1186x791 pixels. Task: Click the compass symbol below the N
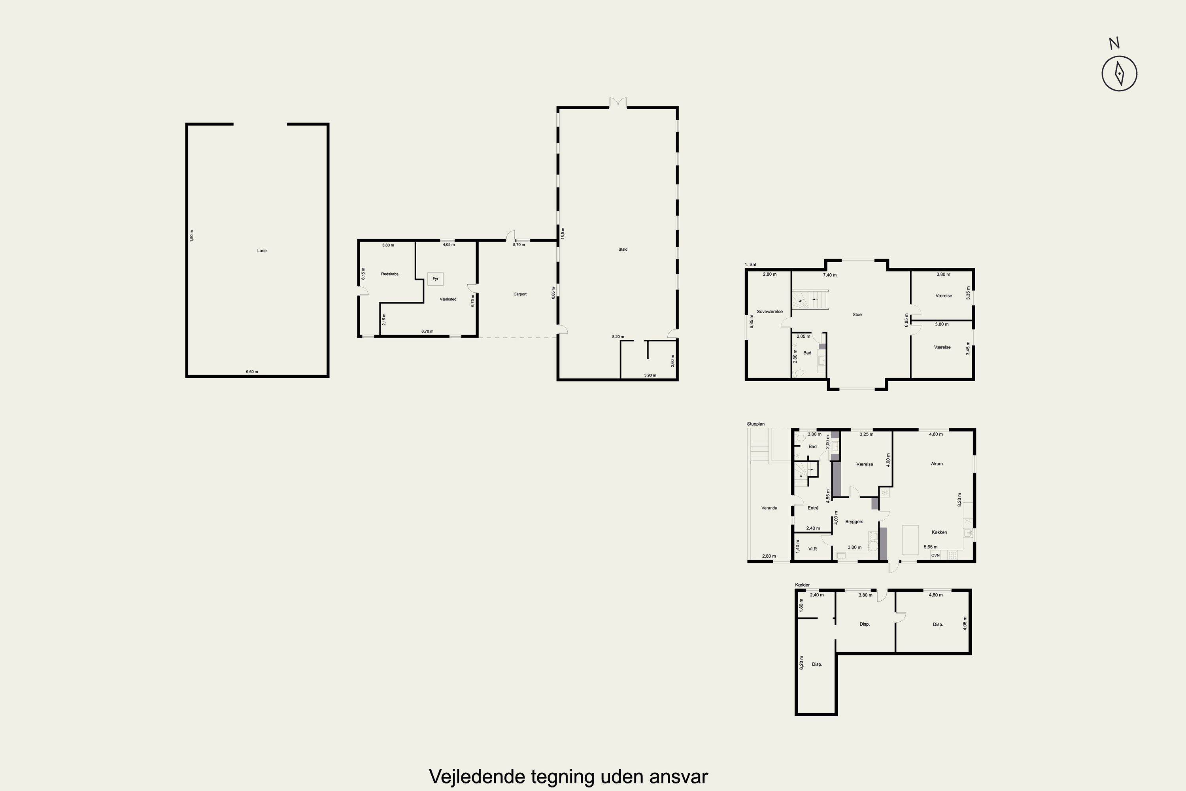tap(1119, 74)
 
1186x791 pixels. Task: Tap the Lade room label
tap(262, 251)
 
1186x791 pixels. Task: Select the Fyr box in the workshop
tap(435, 278)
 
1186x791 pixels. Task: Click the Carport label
tap(520, 294)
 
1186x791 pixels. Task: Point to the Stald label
tap(623, 249)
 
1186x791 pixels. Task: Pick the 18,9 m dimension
tap(563, 233)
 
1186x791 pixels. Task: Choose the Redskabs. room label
tap(390, 274)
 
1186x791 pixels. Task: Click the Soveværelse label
tap(769, 312)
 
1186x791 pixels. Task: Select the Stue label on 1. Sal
tap(857, 314)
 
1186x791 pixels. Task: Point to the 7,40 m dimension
tap(830, 275)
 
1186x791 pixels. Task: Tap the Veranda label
tap(769, 508)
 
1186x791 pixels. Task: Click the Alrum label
tap(937, 464)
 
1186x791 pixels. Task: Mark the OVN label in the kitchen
tap(935, 555)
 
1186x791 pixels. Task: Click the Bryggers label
tap(854, 522)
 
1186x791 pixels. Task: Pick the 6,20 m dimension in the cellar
tap(802, 662)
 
